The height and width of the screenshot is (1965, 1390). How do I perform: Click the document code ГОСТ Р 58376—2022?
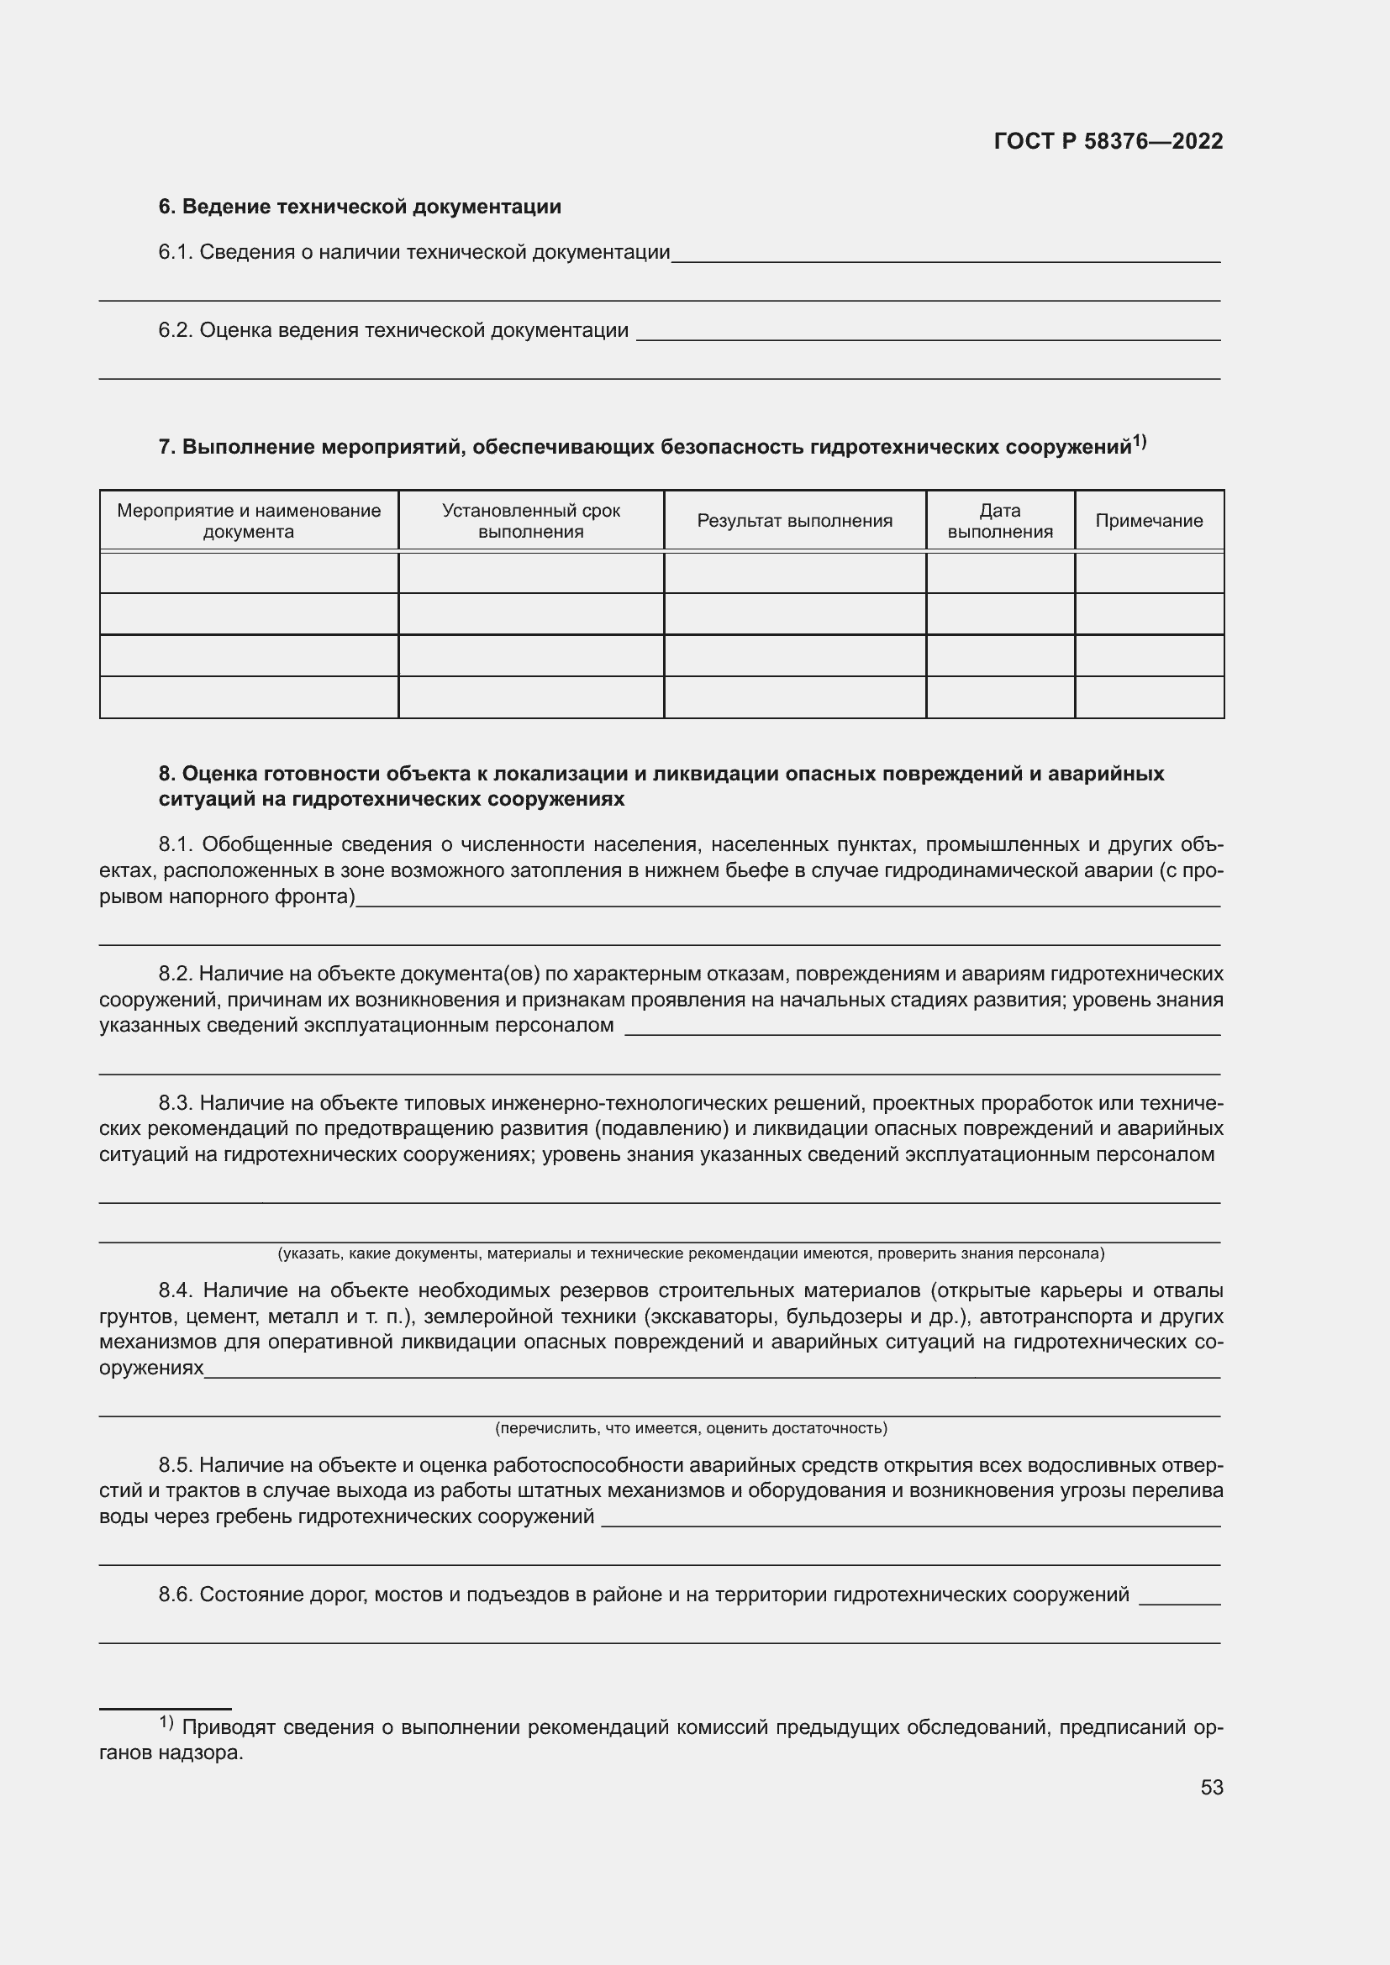point(1108,141)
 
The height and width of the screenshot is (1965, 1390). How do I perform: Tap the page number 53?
point(1211,1787)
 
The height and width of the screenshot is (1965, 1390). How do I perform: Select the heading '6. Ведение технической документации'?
point(360,207)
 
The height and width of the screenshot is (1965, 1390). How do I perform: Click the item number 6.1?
point(176,253)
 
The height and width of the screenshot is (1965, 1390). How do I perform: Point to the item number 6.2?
point(176,330)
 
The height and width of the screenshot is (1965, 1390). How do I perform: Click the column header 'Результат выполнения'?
point(794,520)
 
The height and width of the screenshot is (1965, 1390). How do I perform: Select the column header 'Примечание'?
point(1149,520)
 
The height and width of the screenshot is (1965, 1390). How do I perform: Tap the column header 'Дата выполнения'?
point(1000,520)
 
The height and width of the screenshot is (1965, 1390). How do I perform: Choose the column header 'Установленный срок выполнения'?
point(530,520)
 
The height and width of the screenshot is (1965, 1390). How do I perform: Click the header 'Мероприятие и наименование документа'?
point(248,520)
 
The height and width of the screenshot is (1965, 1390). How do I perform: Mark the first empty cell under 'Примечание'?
point(1149,573)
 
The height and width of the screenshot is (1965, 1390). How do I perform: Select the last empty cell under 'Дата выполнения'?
point(1000,696)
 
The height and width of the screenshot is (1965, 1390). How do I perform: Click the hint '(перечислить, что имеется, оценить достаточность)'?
point(691,1428)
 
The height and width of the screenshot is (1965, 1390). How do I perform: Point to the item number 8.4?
point(176,1290)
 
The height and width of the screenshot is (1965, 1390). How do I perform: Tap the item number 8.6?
point(176,1595)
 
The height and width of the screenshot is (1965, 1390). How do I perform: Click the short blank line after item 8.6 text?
point(1179,1602)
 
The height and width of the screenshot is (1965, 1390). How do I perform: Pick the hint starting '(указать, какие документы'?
point(691,1253)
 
